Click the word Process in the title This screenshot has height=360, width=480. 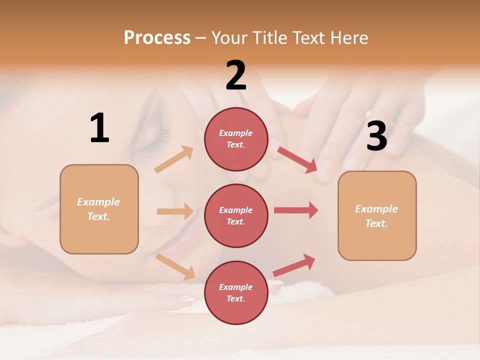pyautogui.click(x=157, y=38)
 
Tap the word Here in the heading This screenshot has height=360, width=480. pyautogui.click(x=348, y=38)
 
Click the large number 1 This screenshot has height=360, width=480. pyautogui.click(x=99, y=129)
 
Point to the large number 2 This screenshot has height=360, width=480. pyautogui.click(x=236, y=76)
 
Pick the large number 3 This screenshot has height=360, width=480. pyautogui.click(x=376, y=136)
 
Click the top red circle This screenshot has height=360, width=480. pyautogui.click(x=236, y=139)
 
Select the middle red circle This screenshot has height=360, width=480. pyautogui.click(x=236, y=215)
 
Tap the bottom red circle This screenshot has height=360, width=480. pyautogui.click(x=236, y=292)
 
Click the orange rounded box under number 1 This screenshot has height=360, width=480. pyautogui.click(x=99, y=209)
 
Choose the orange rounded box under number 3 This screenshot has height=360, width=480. pyautogui.click(x=376, y=216)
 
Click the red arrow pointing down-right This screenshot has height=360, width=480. pyautogui.click(x=297, y=159)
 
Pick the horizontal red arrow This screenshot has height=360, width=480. pyautogui.click(x=296, y=210)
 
